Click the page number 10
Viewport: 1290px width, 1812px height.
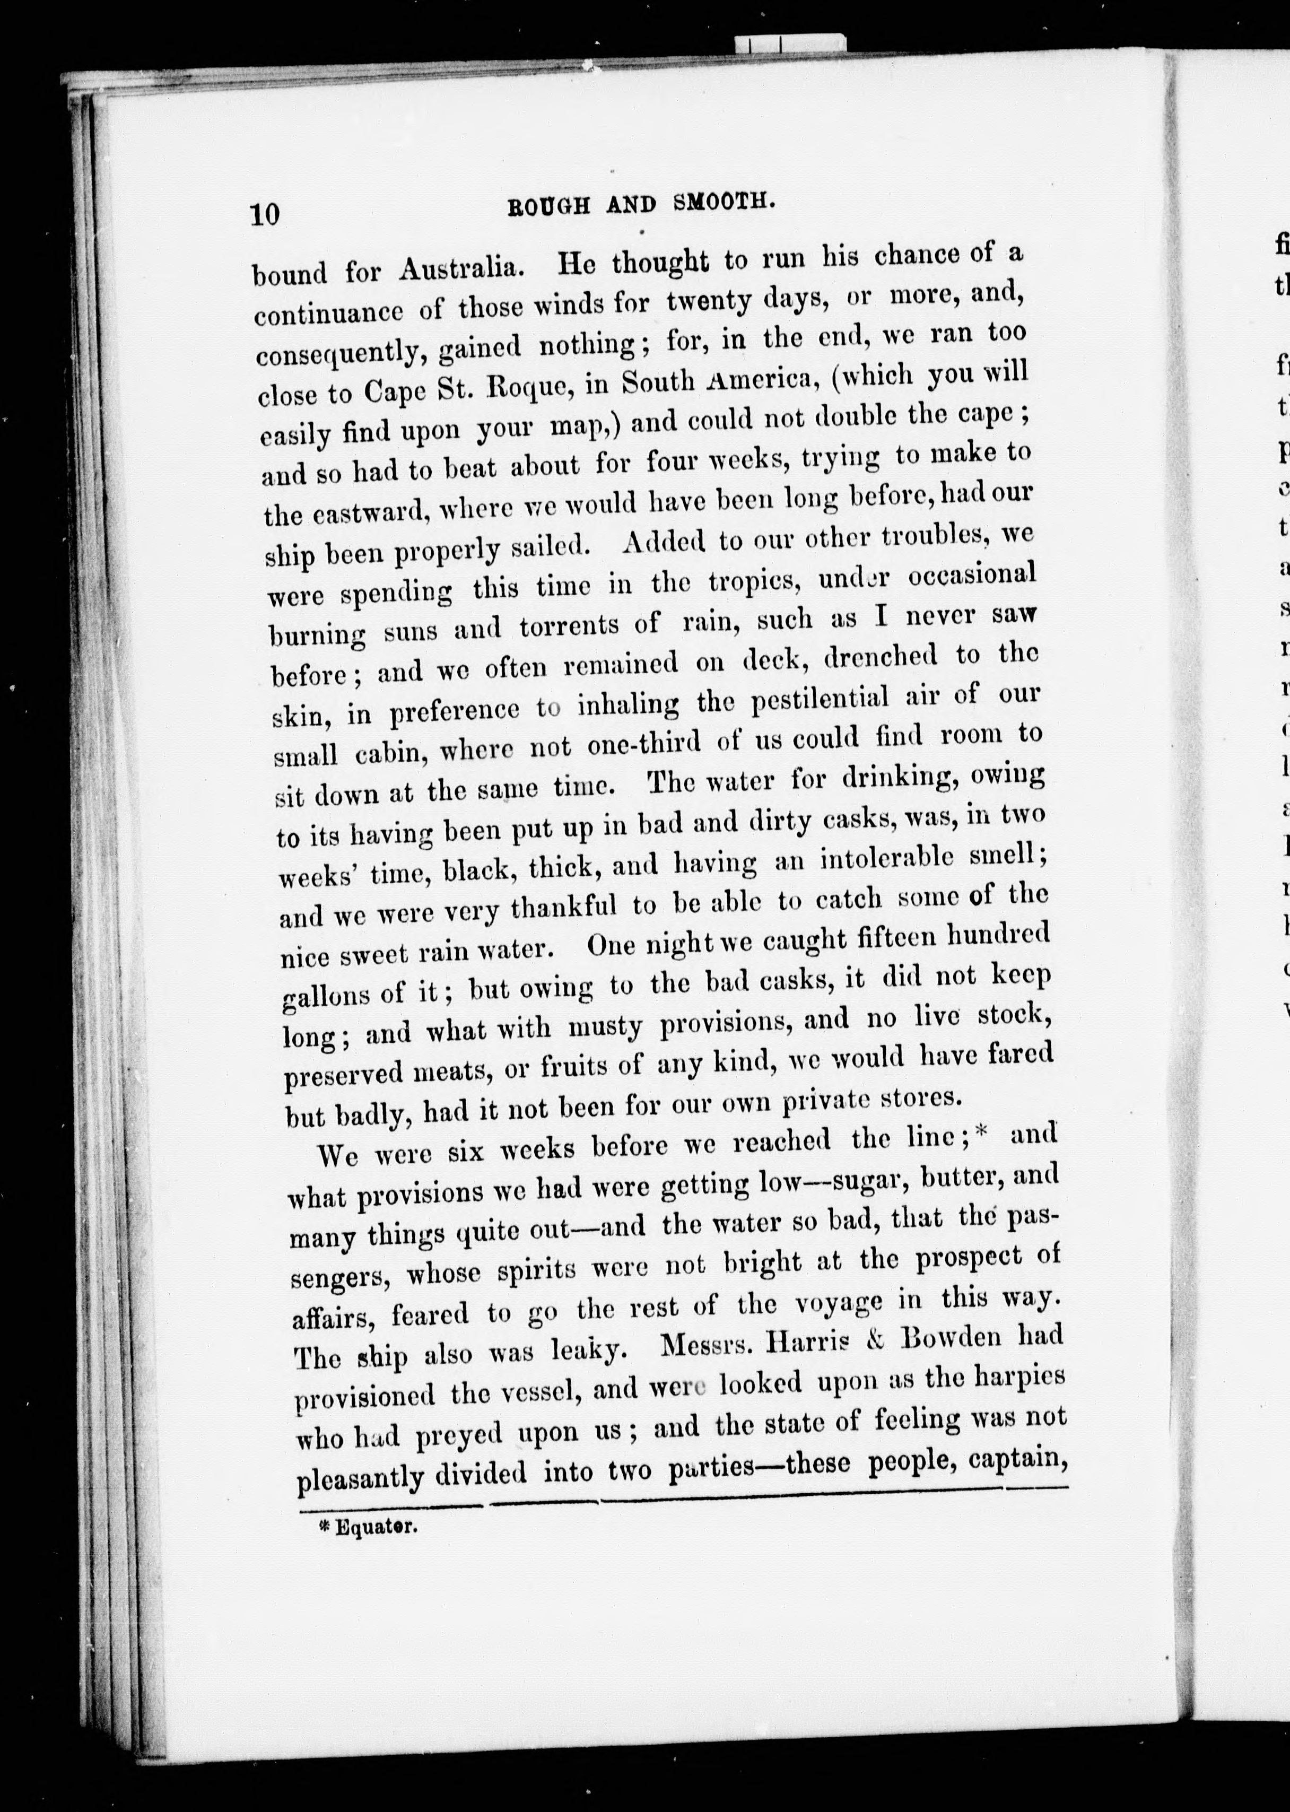265,214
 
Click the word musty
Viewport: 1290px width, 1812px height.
605,1027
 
